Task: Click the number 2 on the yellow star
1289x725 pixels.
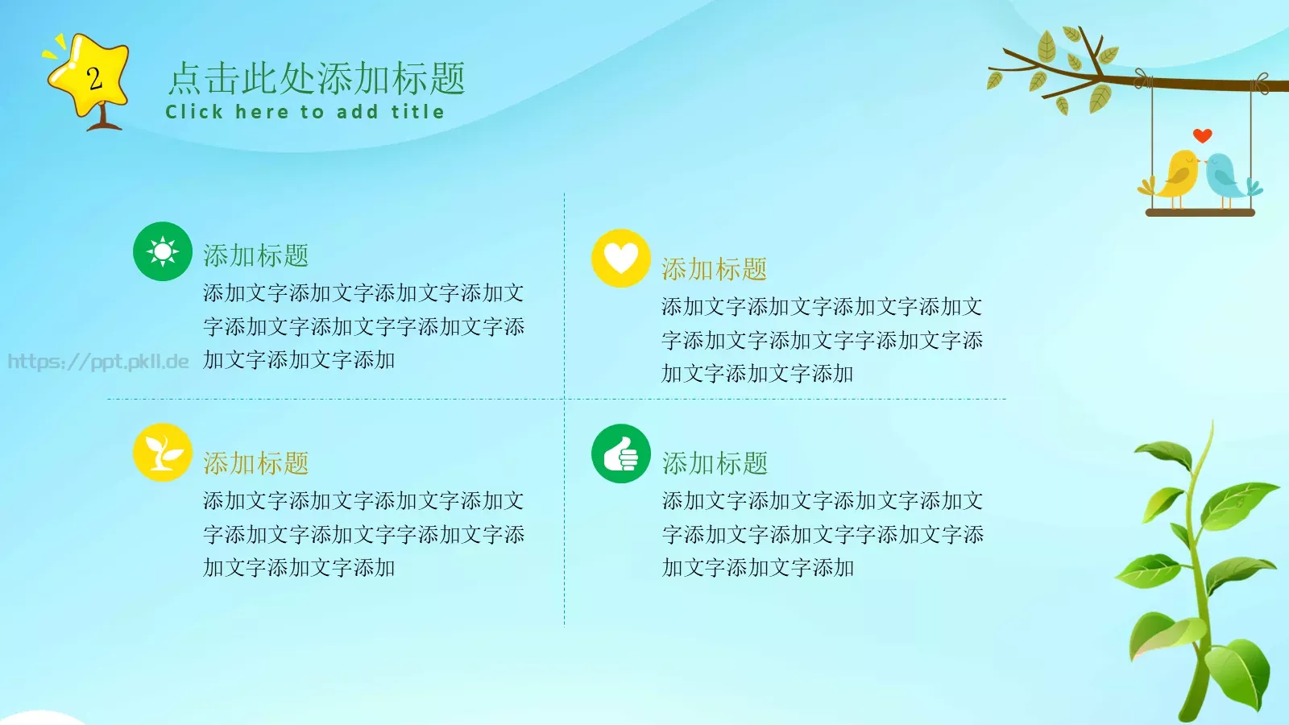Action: click(x=94, y=79)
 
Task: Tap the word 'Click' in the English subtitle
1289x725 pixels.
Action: click(x=193, y=112)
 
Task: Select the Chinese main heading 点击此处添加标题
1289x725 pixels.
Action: click(x=317, y=79)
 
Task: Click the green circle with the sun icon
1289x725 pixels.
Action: click(x=163, y=251)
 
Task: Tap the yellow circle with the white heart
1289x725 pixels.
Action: click(x=620, y=259)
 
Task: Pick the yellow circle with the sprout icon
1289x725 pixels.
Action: click(x=163, y=453)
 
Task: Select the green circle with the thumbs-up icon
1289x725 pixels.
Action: click(x=620, y=454)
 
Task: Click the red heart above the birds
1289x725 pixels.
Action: click(x=1202, y=135)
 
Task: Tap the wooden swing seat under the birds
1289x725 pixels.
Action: click(x=1200, y=213)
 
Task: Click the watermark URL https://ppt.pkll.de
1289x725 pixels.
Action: click(x=98, y=362)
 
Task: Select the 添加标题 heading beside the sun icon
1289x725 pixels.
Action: click(x=255, y=255)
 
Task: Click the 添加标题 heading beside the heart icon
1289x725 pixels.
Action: click(x=714, y=269)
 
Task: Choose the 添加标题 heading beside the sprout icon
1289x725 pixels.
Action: click(x=255, y=463)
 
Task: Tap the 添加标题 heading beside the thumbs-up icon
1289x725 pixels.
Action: click(x=715, y=463)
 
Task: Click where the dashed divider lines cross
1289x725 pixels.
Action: click(x=565, y=399)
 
